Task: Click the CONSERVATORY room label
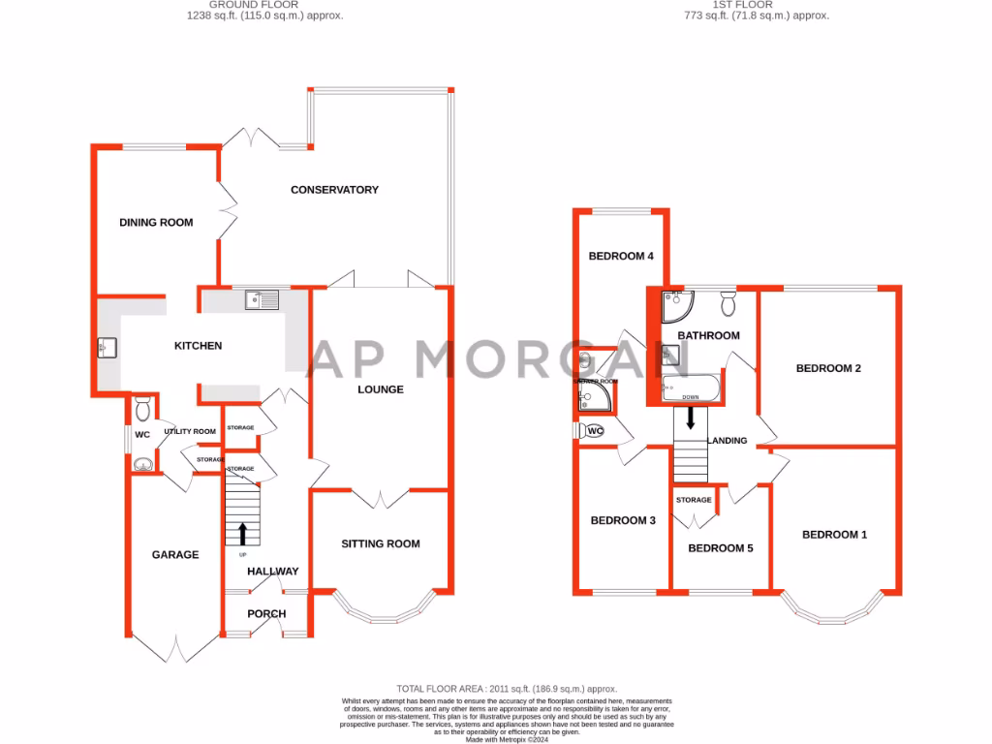(x=334, y=190)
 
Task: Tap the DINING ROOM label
(x=156, y=223)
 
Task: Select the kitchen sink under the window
(x=262, y=299)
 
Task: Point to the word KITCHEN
(x=198, y=346)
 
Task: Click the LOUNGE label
(x=381, y=389)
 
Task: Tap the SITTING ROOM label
(x=381, y=543)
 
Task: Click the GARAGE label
(x=175, y=555)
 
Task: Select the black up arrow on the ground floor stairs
(x=242, y=534)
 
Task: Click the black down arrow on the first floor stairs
(x=690, y=418)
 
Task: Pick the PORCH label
(x=266, y=613)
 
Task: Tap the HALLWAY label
(x=272, y=572)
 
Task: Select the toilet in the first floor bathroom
(x=728, y=305)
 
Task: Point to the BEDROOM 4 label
(x=622, y=257)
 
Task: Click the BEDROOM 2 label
(x=828, y=368)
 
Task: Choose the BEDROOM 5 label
(x=720, y=548)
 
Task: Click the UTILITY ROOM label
(x=190, y=431)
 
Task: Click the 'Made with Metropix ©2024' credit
(x=507, y=738)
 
